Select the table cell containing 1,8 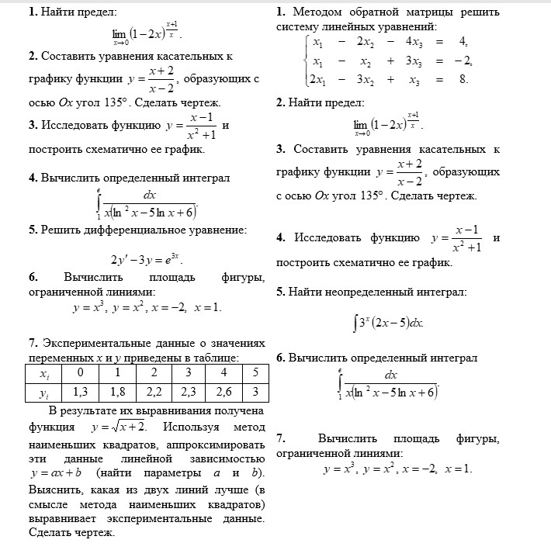coord(118,392)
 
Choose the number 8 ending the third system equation coord(463,78)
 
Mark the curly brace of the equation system coord(306,61)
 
